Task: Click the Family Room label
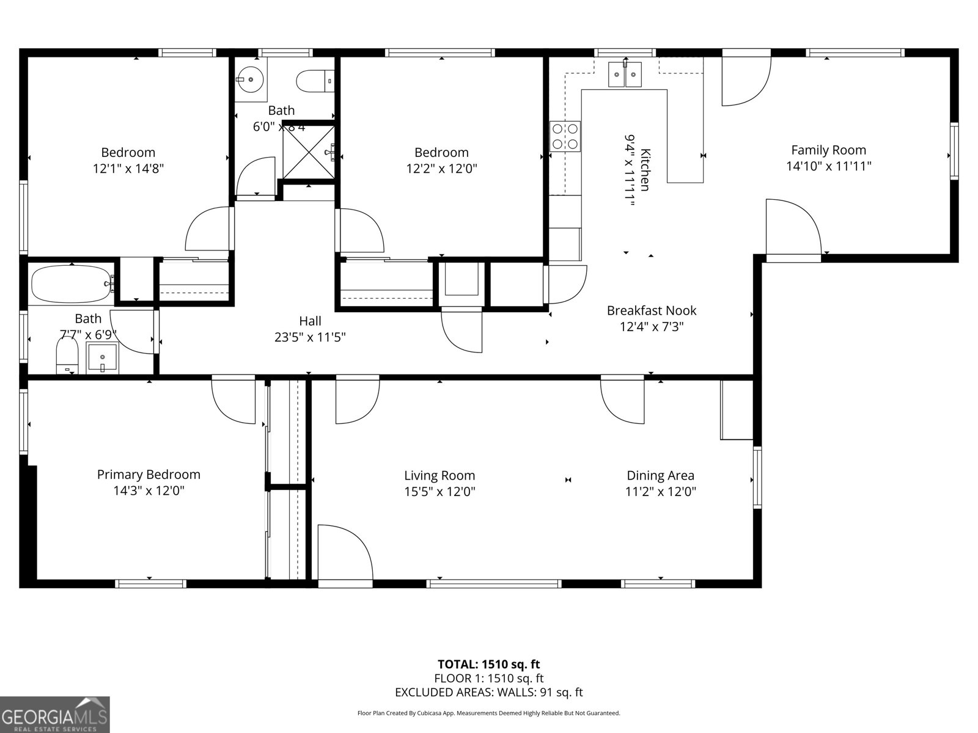(828, 150)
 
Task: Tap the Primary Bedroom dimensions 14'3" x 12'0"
(149, 490)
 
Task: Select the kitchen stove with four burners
(565, 136)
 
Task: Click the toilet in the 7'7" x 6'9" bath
(67, 356)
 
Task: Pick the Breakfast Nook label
(651, 311)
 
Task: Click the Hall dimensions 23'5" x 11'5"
(310, 337)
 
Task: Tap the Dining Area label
(660, 475)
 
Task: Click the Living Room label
(439, 475)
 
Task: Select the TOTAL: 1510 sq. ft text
(488, 664)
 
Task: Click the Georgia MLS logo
(54, 714)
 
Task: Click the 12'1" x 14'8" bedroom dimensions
(128, 169)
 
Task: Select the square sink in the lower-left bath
(102, 357)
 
